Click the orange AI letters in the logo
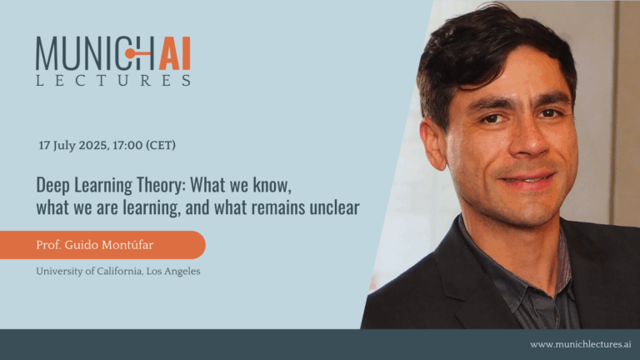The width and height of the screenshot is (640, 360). point(175,53)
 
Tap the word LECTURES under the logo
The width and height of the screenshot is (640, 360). point(113,80)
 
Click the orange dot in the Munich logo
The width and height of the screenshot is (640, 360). point(130,53)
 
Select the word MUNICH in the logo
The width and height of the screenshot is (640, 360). point(93,53)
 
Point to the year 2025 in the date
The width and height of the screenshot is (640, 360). point(93,145)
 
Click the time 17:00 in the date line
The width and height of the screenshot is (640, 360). point(127,145)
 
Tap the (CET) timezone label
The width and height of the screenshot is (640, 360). point(161,145)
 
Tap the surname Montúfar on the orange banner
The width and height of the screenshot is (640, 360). point(127,245)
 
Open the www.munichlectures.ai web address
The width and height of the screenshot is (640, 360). point(580,344)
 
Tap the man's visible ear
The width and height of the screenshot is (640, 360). point(432,143)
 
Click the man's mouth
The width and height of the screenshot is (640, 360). point(527,181)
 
